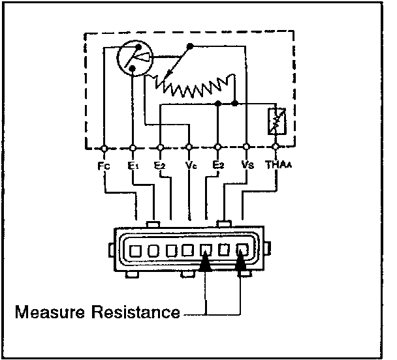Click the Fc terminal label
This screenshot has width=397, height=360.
pos(104,166)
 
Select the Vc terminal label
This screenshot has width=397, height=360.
pos(189,166)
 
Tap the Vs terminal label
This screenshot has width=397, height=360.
pos(246,166)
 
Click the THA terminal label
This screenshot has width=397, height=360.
pos(276,166)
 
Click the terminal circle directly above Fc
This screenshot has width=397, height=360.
pos(104,147)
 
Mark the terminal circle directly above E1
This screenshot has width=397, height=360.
pos(133,147)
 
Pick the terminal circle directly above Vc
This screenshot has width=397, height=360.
pos(189,147)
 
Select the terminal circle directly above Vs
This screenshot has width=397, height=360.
pos(246,147)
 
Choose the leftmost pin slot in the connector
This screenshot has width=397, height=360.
pos(136,250)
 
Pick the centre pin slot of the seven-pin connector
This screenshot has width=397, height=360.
pos(189,250)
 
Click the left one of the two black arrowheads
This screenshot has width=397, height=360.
pos(206,262)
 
